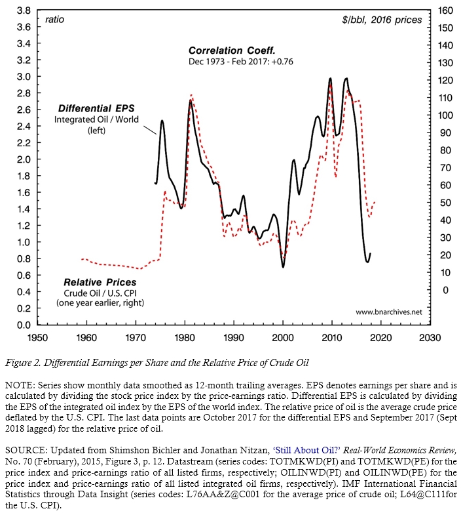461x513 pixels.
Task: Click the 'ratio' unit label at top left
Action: [54, 20]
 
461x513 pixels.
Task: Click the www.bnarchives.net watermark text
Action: [388, 312]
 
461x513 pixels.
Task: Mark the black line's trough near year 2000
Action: [283, 266]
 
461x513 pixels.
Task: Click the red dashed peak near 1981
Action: [191, 95]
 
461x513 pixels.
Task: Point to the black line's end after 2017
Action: [371, 254]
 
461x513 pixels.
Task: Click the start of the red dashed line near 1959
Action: [81, 259]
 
